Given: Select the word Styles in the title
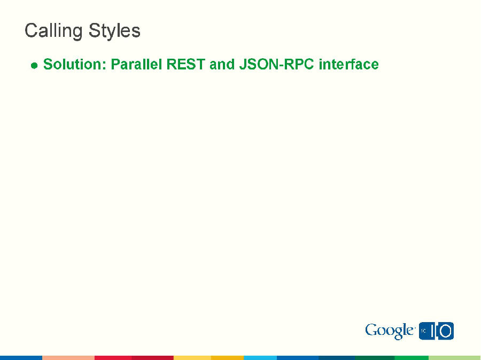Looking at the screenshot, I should coord(114,31).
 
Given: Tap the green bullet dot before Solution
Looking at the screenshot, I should coord(34,66).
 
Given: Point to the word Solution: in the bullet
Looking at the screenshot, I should coord(74,65).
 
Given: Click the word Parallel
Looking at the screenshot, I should coord(136,65).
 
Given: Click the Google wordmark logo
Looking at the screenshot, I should coord(390,331).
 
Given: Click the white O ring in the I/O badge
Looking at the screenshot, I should coord(446,331).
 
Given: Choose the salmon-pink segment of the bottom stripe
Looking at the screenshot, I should coord(68,357).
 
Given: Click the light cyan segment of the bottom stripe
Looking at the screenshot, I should coord(260,357).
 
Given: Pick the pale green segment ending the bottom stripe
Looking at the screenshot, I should coord(454,357).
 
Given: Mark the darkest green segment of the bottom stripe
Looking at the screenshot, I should coord(375,357).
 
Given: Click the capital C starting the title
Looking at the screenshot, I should coord(31,31).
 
